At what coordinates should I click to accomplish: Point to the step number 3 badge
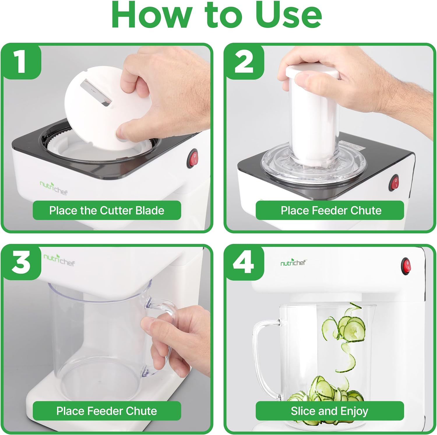pyautogui.click(x=21, y=263)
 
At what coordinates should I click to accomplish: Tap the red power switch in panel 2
pyautogui.click(x=395, y=183)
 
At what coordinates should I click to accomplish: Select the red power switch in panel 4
pyautogui.click(x=406, y=266)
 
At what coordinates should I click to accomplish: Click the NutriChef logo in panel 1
pyautogui.click(x=54, y=188)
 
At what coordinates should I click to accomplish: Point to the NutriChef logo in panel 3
pyautogui.click(x=59, y=259)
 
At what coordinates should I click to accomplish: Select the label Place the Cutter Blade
pyautogui.click(x=107, y=210)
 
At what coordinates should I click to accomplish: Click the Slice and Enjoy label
pyautogui.click(x=329, y=411)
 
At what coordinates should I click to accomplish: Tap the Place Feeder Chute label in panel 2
pyautogui.click(x=331, y=210)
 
